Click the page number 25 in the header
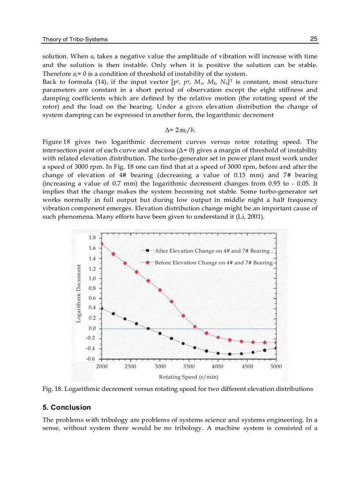pyautogui.click(x=314, y=39)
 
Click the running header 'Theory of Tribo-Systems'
pyautogui.click(x=75, y=39)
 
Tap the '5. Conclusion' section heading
pyautogui.click(x=67, y=407)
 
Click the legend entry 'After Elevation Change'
pyautogui.click(x=211, y=251)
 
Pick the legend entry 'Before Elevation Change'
pyautogui.click(x=213, y=263)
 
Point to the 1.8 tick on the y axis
pyautogui.click(x=92, y=238)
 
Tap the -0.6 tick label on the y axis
pyautogui.click(x=91, y=358)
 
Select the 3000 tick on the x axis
pyautogui.click(x=161, y=366)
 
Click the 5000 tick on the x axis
pyautogui.click(x=275, y=366)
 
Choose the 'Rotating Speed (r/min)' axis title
pyautogui.click(x=188, y=377)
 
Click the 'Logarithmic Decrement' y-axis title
pyautogui.click(x=79, y=293)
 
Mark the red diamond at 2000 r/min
pyautogui.click(x=102, y=244)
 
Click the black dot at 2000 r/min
pyautogui.click(x=102, y=309)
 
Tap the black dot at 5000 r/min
pyautogui.click(x=276, y=348)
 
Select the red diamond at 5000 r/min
pyautogui.click(x=276, y=342)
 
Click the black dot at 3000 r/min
pyautogui.click(x=160, y=333)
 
